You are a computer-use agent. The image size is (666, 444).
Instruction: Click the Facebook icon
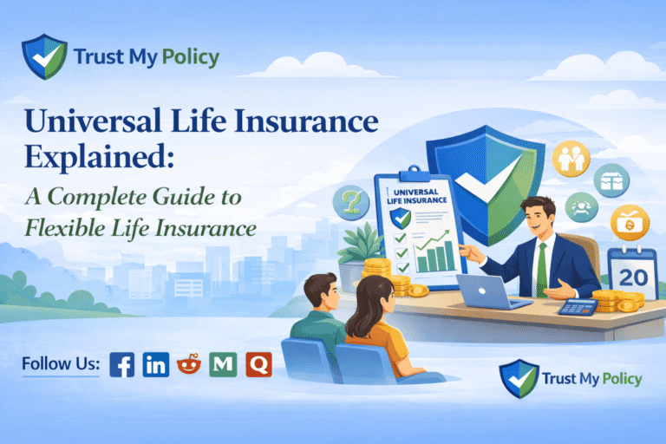click(122, 364)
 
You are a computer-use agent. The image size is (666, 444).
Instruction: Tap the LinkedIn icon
click(156, 364)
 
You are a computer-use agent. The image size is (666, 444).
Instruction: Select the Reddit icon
click(189, 364)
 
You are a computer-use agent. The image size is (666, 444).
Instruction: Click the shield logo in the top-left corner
click(42, 56)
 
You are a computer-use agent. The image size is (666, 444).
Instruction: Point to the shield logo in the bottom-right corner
click(518, 378)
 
